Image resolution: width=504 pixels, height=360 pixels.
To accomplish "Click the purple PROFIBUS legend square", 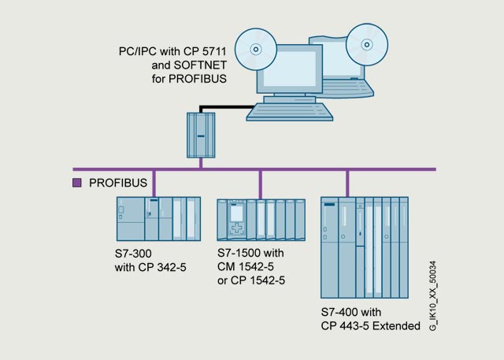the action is pos(77,183).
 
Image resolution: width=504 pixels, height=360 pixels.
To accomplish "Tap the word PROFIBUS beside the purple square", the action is pos(118,183).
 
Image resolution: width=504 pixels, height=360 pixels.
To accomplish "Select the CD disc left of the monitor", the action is pos(256,49).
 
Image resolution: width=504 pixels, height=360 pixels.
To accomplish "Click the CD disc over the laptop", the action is pos(367,45).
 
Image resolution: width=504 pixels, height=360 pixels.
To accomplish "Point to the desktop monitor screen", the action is pos(290,69).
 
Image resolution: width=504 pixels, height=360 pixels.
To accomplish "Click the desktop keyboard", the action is pos(290,112).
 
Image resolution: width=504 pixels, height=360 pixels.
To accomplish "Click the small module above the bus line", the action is pos(201,135).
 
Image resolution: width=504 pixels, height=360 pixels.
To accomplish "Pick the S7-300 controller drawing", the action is pos(158,219).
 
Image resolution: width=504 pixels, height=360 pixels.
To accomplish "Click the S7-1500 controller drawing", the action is pos(261,220).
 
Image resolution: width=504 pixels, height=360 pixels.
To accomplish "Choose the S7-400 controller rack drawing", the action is pos(365,247).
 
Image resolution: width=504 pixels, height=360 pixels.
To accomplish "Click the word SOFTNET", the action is pos(200,65).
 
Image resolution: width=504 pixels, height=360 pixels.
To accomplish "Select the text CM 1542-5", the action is pos(246,266).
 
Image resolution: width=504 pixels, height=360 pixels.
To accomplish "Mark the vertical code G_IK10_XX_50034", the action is pos(433,295).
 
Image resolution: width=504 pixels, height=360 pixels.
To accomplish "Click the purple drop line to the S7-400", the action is pos(347,184).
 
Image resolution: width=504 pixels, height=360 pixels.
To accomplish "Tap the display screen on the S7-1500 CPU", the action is pos(236,213).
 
